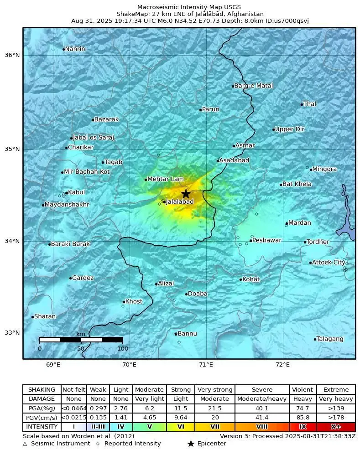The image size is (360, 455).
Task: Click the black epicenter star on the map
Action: point(186,193)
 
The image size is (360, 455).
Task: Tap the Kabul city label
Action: point(76,192)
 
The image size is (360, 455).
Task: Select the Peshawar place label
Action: point(267,240)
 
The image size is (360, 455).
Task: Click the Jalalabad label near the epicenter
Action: point(180,202)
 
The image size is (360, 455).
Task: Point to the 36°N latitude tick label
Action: point(12,55)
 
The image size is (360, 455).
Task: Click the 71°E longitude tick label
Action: point(206,364)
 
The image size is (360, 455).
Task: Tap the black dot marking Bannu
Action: point(176,334)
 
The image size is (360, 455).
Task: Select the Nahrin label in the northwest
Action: point(75,49)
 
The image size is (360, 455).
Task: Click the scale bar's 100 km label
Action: point(122,349)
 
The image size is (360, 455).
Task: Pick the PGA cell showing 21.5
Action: point(214,408)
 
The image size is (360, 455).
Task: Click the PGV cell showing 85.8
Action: point(303,418)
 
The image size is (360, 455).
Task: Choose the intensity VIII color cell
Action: point(262,427)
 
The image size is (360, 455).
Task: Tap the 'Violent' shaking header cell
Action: point(303,390)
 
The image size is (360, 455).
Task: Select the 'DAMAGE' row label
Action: point(42,399)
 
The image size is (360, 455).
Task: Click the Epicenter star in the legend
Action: point(191,444)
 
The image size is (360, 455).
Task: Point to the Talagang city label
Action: point(330,339)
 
